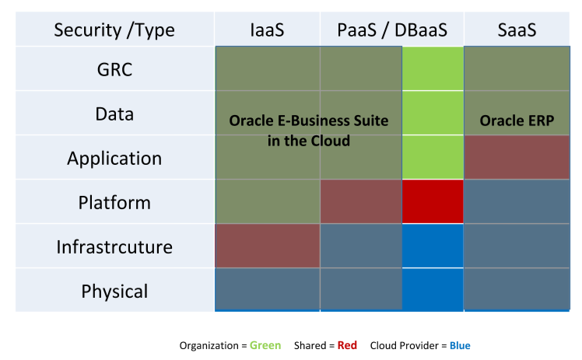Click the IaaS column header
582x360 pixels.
[x=267, y=30]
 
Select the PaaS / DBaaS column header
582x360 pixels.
[x=392, y=30]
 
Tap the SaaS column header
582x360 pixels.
[x=517, y=30]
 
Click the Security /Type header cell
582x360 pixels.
[x=114, y=30]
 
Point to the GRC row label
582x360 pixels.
[x=114, y=69]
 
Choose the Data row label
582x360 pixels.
[x=114, y=114]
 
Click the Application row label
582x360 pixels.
[x=114, y=159]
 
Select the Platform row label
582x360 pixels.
[x=114, y=203]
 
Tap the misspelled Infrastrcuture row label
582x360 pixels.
[x=114, y=247]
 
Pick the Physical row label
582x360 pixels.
[x=114, y=292]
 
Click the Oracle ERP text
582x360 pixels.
[x=517, y=121]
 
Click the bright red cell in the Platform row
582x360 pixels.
[x=433, y=201]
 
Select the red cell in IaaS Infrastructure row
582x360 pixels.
[x=268, y=246]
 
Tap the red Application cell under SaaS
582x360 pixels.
[x=517, y=157]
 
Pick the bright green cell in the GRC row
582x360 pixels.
[x=433, y=68]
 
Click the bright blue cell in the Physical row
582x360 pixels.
[x=433, y=289]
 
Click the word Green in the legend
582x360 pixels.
[x=265, y=345]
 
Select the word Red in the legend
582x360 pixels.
[x=347, y=345]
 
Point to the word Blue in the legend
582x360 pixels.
[x=460, y=345]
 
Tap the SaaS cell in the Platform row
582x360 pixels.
[x=517, y=201]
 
